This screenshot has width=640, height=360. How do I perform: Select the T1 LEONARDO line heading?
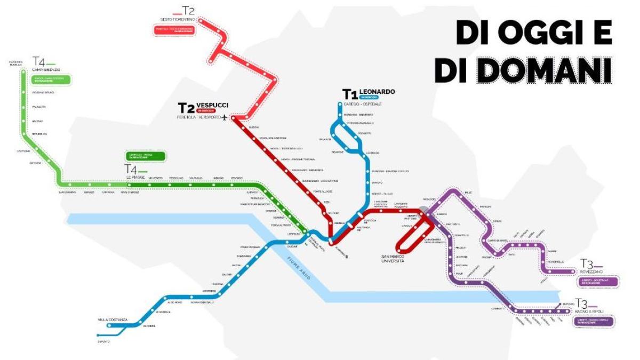[369, 92]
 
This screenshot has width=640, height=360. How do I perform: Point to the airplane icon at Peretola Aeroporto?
[223, 117]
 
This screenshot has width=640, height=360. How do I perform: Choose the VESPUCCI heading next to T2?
[212, 105]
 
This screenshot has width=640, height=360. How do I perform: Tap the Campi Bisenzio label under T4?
[46, 70]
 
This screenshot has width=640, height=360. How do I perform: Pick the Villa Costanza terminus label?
[113, 320]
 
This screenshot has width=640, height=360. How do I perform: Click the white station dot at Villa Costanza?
[110, 325]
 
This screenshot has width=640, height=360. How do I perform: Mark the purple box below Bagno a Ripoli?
[594, 322]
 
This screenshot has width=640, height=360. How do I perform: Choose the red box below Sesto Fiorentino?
[174, 30]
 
